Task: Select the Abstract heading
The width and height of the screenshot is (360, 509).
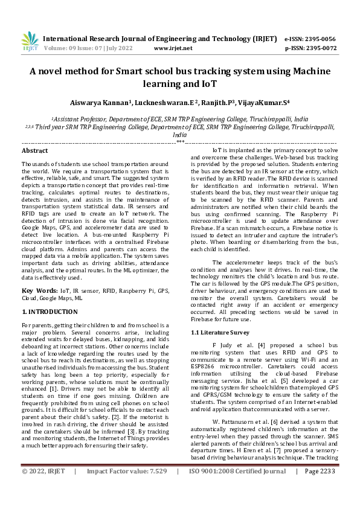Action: [x=34, y=150]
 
